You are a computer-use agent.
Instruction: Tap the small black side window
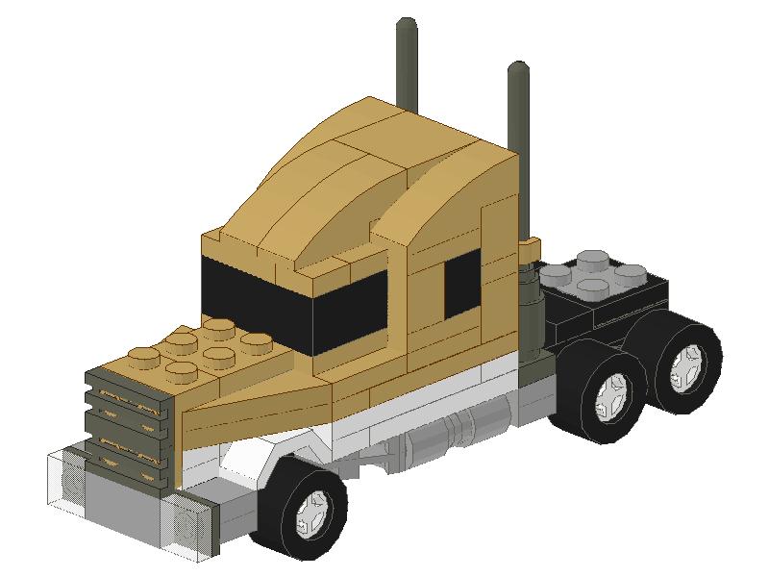461,288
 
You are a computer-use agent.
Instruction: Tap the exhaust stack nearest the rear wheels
520,154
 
